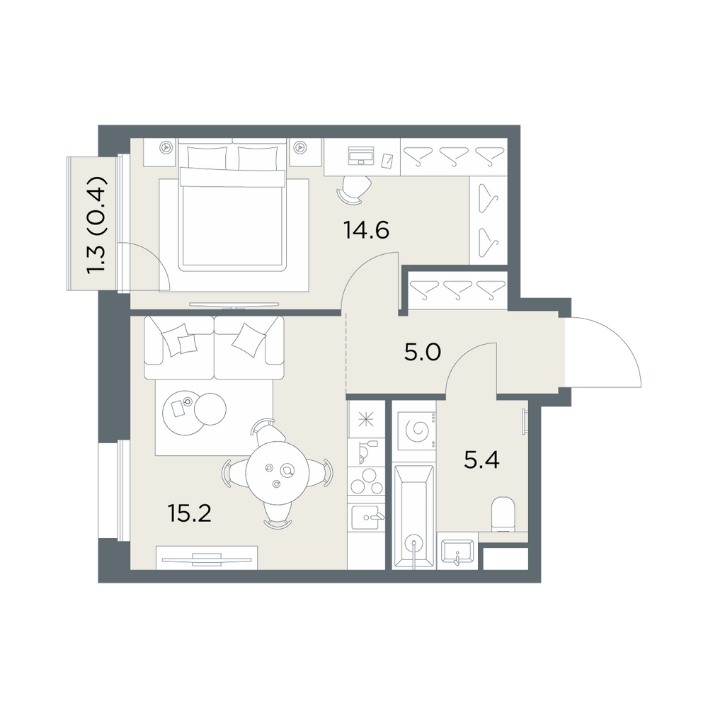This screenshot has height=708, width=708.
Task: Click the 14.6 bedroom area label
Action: click(x=366, y=231)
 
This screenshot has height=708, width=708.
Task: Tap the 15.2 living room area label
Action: click(x=189, y=513)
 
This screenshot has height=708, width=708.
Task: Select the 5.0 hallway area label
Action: click(x=422, y=353)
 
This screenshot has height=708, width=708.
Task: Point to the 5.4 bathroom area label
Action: click(x=481, y=461)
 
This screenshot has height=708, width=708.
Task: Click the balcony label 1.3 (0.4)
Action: click(x=96, y=225)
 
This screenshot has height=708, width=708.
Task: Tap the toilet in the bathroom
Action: click(x=503, y=514)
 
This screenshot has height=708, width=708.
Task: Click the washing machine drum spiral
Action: click(x=417, y=430)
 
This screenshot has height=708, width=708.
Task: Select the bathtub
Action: click(x=413, y=517)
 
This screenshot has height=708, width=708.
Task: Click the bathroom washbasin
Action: click(x=457, y=552)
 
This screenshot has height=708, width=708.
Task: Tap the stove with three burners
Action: click(x=366, y=481)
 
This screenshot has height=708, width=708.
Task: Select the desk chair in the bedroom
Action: click(x=354, y=188)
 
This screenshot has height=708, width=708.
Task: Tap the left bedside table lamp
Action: click(x=167, y=147)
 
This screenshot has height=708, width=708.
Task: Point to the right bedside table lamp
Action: click(x=299, y=147)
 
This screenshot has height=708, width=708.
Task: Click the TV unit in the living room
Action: click(x=207, y=558)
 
